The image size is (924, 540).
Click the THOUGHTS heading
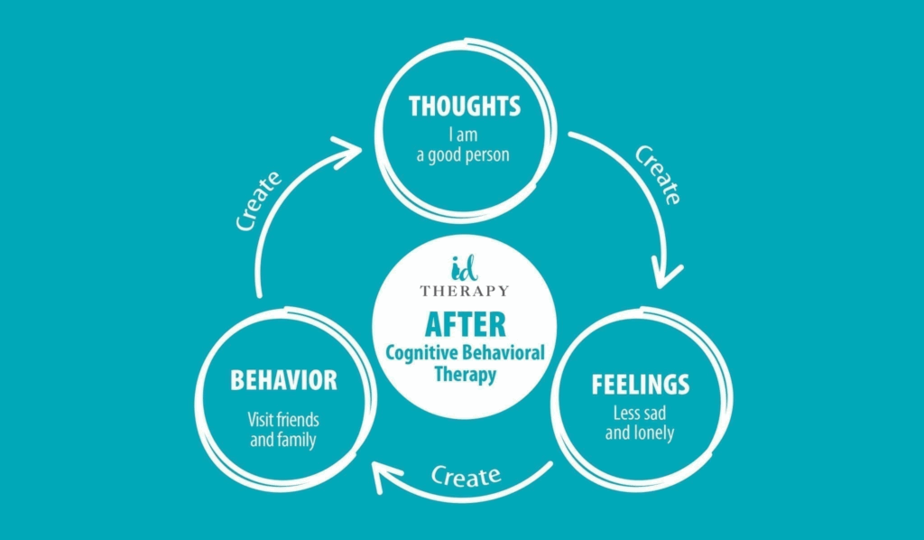pyautogui.click(x=465, y=107)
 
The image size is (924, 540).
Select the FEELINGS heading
pyautogui.click(x=641, y=384)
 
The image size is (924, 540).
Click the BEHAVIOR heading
pyautogui.click(x=283, y=380)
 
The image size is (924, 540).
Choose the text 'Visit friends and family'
pyautogui.click(x=283, y=430)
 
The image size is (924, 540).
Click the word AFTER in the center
pyautogui.click(x=465, y=324)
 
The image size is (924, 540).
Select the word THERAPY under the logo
pyautogui.click(x=465, y=291)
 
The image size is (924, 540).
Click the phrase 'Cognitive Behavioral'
pyautogui.click(x=465, y=352)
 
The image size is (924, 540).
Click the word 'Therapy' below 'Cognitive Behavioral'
pyautogui.click(x=465, y=374)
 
